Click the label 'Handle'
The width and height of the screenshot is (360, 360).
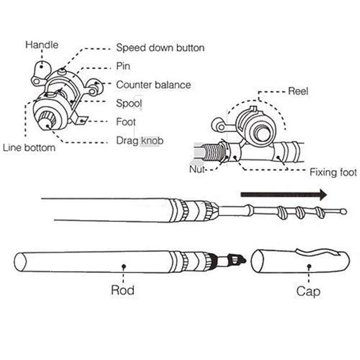(x=42, y=45)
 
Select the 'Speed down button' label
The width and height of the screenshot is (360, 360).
(x=160, y=48)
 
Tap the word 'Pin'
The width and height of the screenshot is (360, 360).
(x=123, y=66)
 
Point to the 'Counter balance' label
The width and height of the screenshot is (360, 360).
(x=153, y=85)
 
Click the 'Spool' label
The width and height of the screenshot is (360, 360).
(x=129, y=103)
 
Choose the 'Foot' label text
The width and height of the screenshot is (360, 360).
(x=126, y=122)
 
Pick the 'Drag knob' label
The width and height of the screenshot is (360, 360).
(x=139, y=140)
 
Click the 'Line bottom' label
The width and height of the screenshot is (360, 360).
(x=29, y=148)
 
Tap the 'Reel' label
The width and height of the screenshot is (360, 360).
(x=298, y=91)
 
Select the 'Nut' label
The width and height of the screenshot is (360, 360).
(x=197, y=170)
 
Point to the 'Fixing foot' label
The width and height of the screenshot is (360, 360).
(x=333, y=172)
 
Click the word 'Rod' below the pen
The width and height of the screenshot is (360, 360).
(x=122, y=290)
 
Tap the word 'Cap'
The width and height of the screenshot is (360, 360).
(x=308, y=291)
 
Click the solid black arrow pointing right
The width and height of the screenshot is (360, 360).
(x=283, y=195)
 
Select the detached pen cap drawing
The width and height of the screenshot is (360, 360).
(x=299, y=261)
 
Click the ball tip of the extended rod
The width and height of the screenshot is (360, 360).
(x=343, y=211)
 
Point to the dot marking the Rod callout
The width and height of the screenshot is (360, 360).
(x=123, y=266)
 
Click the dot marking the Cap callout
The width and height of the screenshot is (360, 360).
(x=309, y=266)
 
